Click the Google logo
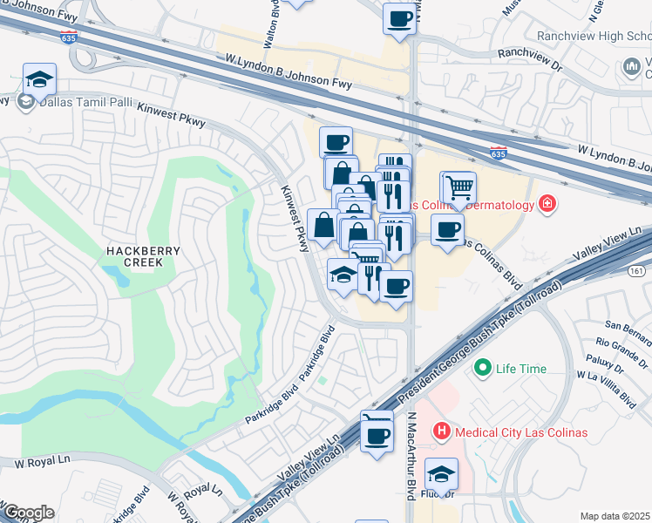(28, 513)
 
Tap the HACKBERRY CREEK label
(143, 257)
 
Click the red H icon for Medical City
(442, 431)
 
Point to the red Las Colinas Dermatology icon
(547, 204)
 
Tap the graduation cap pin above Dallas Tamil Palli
(39, 79)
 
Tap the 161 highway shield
(637, 272)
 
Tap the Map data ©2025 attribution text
(615, 516)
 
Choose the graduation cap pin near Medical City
(441, 475)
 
